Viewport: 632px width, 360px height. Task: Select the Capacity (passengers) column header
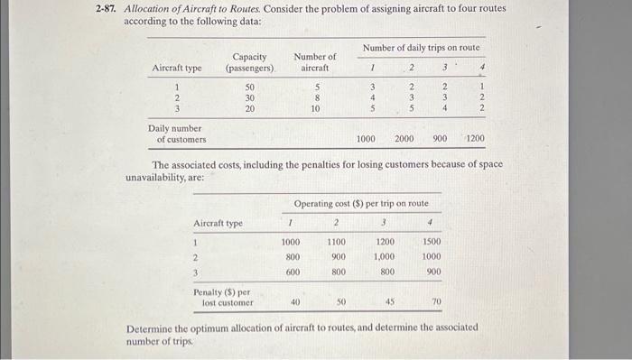pos(249,62)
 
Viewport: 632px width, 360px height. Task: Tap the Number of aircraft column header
pos(314,62)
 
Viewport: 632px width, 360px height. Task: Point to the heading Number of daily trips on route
pos(421,46)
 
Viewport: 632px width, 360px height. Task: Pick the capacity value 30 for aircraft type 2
pos(250,97)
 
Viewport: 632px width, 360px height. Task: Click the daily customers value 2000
pos(404,139)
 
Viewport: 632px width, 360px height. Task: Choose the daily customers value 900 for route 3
pos(441,139)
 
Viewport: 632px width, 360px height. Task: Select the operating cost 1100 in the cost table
pos(336,243)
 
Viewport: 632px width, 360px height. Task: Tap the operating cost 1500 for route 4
pos(432,243)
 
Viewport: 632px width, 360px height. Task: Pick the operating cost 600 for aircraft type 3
pos(292,272)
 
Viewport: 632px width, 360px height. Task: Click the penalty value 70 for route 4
pos(437,302)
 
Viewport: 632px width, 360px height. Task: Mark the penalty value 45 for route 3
pos(389,302)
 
